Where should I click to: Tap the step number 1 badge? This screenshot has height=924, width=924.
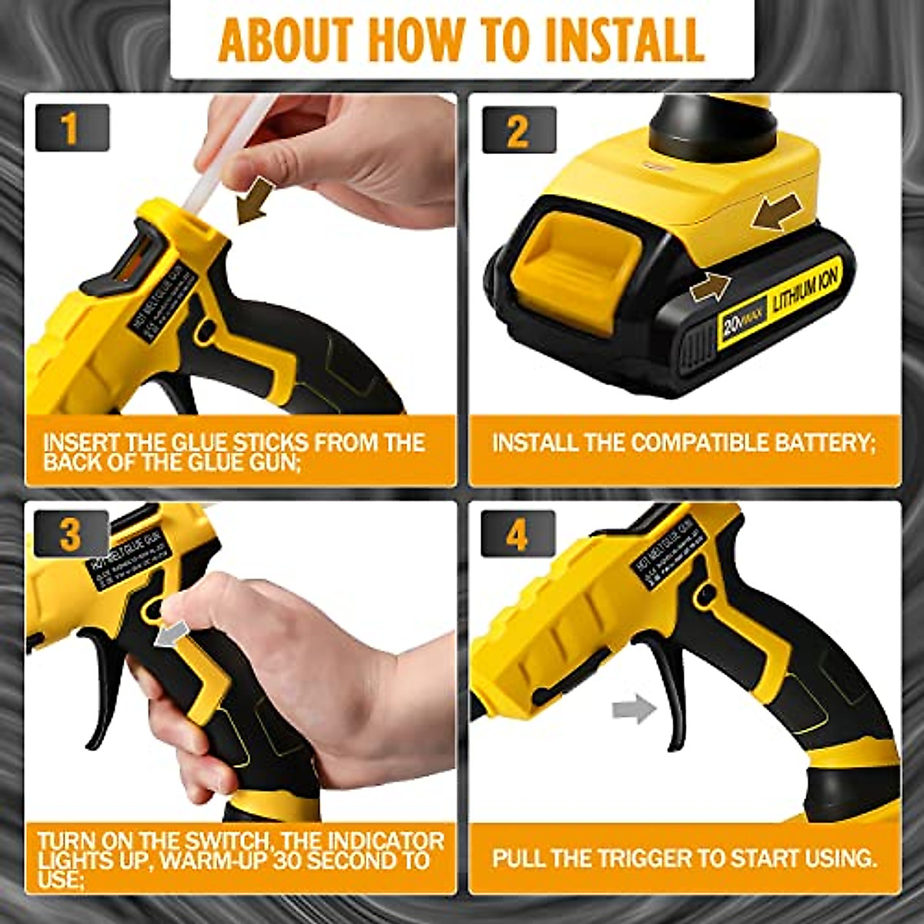point(71,128)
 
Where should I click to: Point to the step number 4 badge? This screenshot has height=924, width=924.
point(517,534)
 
